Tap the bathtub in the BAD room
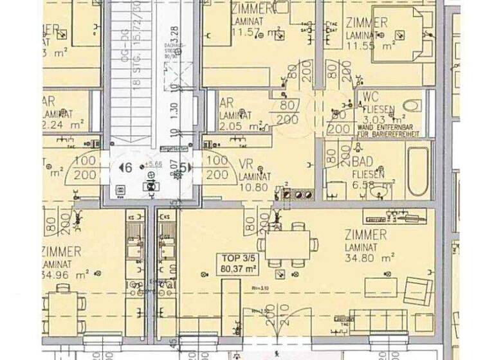point(419,172)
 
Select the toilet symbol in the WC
point(411,105)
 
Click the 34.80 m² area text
point(369,258)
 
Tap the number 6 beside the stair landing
point(127,167)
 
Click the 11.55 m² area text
point(369,46)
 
